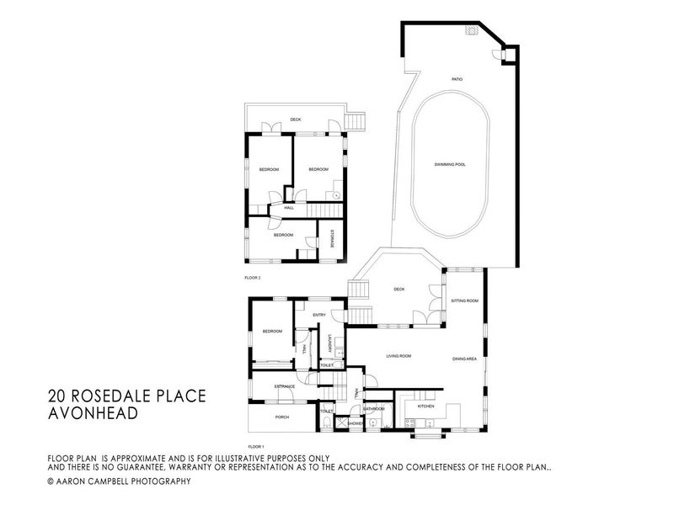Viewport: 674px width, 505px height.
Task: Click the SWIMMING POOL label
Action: click(450, 164)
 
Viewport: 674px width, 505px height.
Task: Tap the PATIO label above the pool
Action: click(457, 78)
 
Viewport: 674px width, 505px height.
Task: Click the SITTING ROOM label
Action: click(465, 300)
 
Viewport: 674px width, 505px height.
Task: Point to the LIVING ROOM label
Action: click(398, 356)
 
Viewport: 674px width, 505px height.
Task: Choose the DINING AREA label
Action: click(465, 359)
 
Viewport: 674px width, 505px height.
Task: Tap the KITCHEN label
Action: click(426, 407)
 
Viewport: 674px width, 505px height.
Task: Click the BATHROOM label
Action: click(374, 409)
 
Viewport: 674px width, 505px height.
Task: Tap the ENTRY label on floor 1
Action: click(318, 315)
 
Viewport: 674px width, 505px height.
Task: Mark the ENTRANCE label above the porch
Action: click(284, 386)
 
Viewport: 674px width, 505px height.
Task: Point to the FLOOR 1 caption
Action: click(256, 444)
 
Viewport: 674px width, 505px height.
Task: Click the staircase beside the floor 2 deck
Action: click(356, 124)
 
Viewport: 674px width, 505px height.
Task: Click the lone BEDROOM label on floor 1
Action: click(272, 332)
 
